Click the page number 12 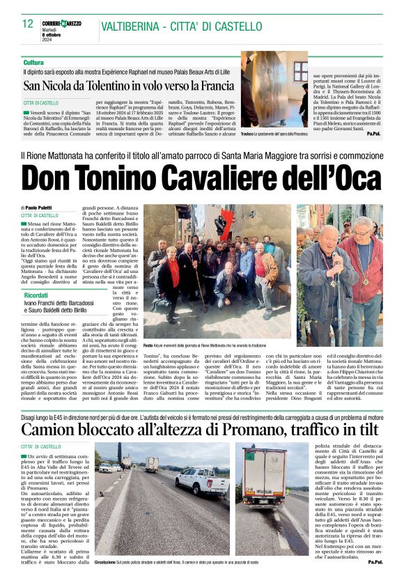pos(28,24)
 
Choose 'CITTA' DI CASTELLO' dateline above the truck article pos(40,446)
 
